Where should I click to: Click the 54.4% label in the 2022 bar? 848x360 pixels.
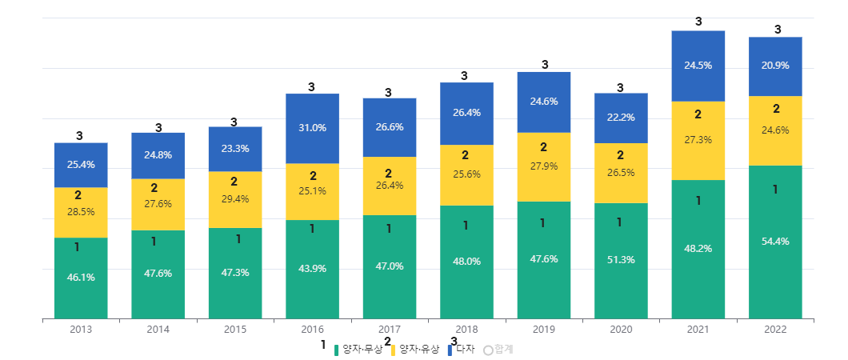pos(775,242)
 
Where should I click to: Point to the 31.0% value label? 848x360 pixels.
pos(312,128)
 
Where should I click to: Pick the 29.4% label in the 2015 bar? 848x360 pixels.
pos(234,199)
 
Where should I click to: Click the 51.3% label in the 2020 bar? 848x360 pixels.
pos(621,260)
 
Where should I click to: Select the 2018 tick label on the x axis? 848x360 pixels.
pos(466,330)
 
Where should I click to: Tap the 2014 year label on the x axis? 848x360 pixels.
pos(158,330)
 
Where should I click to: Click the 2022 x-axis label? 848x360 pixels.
pos(775,330)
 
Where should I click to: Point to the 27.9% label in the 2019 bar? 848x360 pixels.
pos(544,166)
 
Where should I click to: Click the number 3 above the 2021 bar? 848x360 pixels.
pos(698,22)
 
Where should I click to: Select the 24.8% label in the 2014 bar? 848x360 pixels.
pos(158,155)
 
